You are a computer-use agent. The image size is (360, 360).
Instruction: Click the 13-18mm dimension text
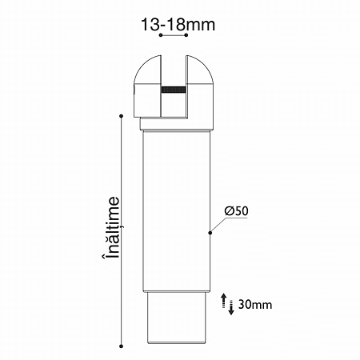click(178, 25)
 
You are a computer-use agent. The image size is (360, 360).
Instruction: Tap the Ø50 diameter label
click(237, 210)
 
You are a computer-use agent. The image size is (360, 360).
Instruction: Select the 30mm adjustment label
click(255, 304)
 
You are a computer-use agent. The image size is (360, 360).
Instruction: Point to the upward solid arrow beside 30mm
click(224, 301)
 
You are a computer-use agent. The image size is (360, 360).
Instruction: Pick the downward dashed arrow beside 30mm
click(231, 307)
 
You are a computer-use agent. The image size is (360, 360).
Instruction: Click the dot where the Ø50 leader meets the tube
click(210, 233)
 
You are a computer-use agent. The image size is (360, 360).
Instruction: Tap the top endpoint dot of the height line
click(122, 116)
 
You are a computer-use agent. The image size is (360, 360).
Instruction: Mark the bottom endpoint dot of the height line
click(122, 346)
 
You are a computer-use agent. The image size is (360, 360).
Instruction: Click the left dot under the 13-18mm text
click(161, 35)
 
